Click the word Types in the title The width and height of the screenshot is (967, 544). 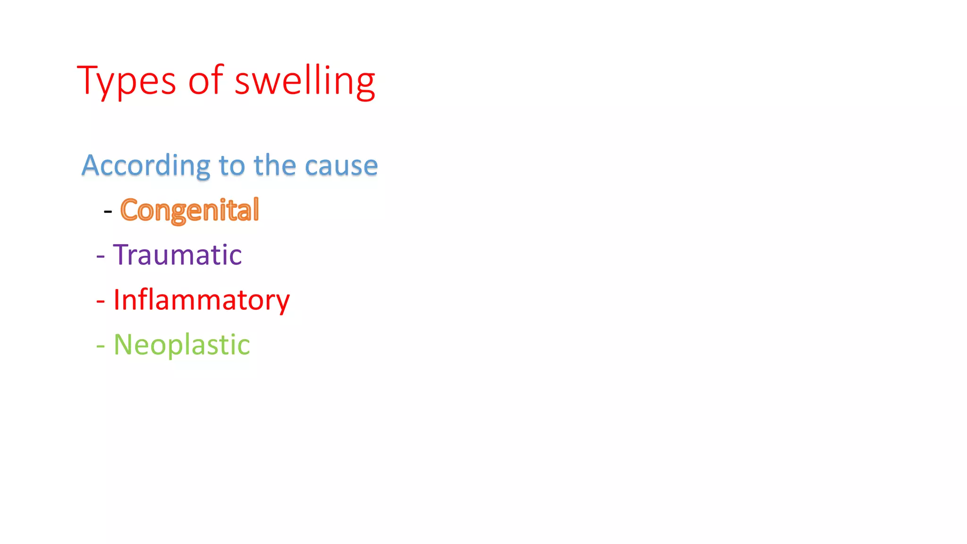pyautogui.click(x=126, y=81)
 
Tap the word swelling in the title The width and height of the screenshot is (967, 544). pyautogui.click(x=305, y=81)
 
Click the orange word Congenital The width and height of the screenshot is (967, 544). pyautogui.click(x=189, y=210)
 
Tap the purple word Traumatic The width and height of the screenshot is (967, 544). pyautogui.click(x=178, y=255)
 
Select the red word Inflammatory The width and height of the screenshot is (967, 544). pyautogui.click(x=202, y=300)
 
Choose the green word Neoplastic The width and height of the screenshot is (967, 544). pyautogui.click(x=182, y=345)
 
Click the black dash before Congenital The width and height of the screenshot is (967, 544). pyautogui.click(x=108, y=212)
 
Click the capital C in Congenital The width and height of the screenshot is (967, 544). pyautogui.click(x=129, y=210)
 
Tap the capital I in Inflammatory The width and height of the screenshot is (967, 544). pyautogui.click(x=116, y=299)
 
